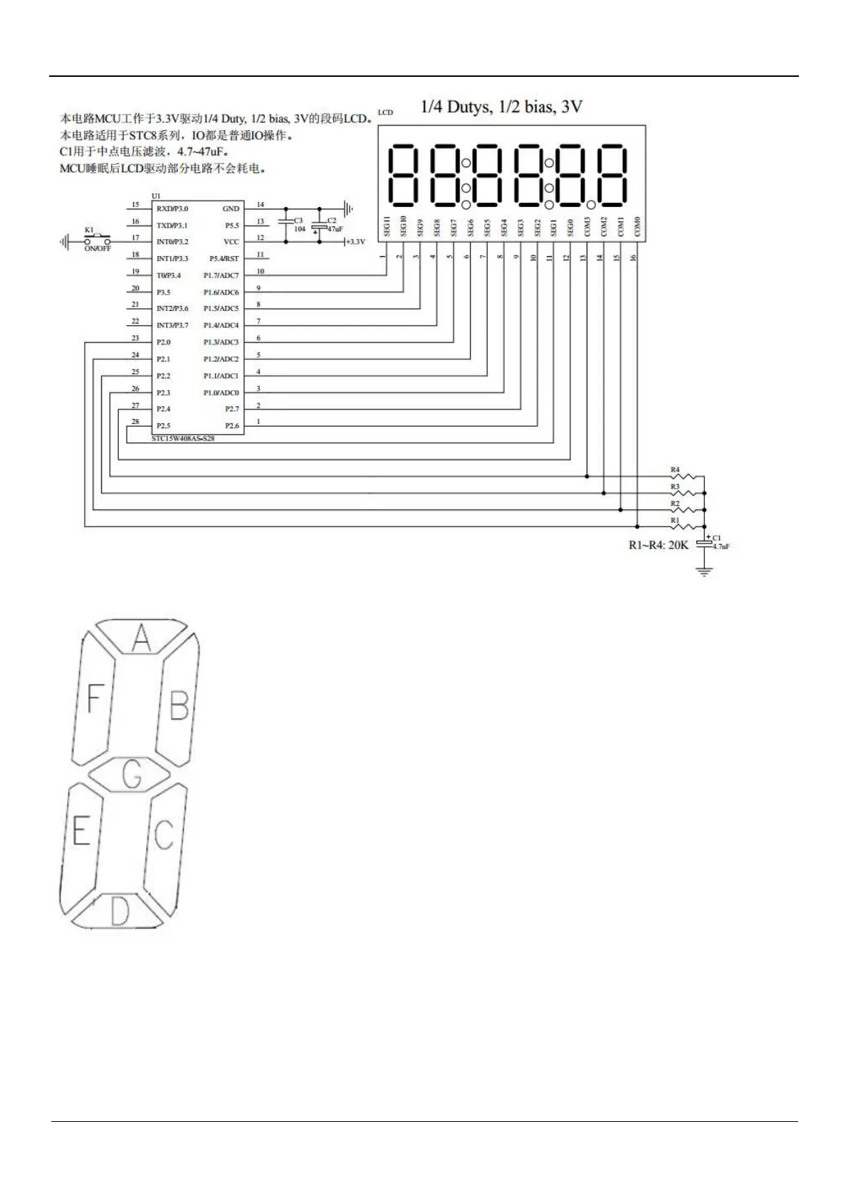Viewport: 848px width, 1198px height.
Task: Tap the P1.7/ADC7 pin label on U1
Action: pyautogui.click(x=221, y=275)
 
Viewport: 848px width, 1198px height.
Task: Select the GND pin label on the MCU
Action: pyautogui.click(x=231, y=208)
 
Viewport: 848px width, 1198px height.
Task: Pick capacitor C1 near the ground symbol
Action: pyautogui.click(x=704, y=543)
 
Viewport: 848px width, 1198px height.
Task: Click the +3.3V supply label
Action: pyautogui.click(x=355, y=242)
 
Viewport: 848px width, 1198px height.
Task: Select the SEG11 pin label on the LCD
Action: pyautogui.click(x=387, y=227)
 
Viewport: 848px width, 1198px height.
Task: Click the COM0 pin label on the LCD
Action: pyautogui.click(x=637, y=227)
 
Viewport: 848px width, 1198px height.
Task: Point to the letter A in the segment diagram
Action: pyautogui.click(x=141, y=638)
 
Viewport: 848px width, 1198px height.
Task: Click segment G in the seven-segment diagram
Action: pyautogui.click(x=132, y=775)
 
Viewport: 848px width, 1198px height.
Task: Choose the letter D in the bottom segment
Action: pyautogui.click(x=120, y=911)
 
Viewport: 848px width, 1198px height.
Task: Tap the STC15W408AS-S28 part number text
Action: pyautogui.click(x=183, y=439)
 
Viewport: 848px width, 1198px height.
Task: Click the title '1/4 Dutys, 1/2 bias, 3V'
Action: pyautogui.click(x=501, y=107)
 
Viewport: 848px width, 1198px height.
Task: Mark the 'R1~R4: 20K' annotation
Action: pyautogui.click(x=659, y=546)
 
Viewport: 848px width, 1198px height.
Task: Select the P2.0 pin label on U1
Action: pyautogui.click(x=163, y=342)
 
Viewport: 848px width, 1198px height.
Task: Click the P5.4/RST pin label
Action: pyautogui.click(x=224, y=259)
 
